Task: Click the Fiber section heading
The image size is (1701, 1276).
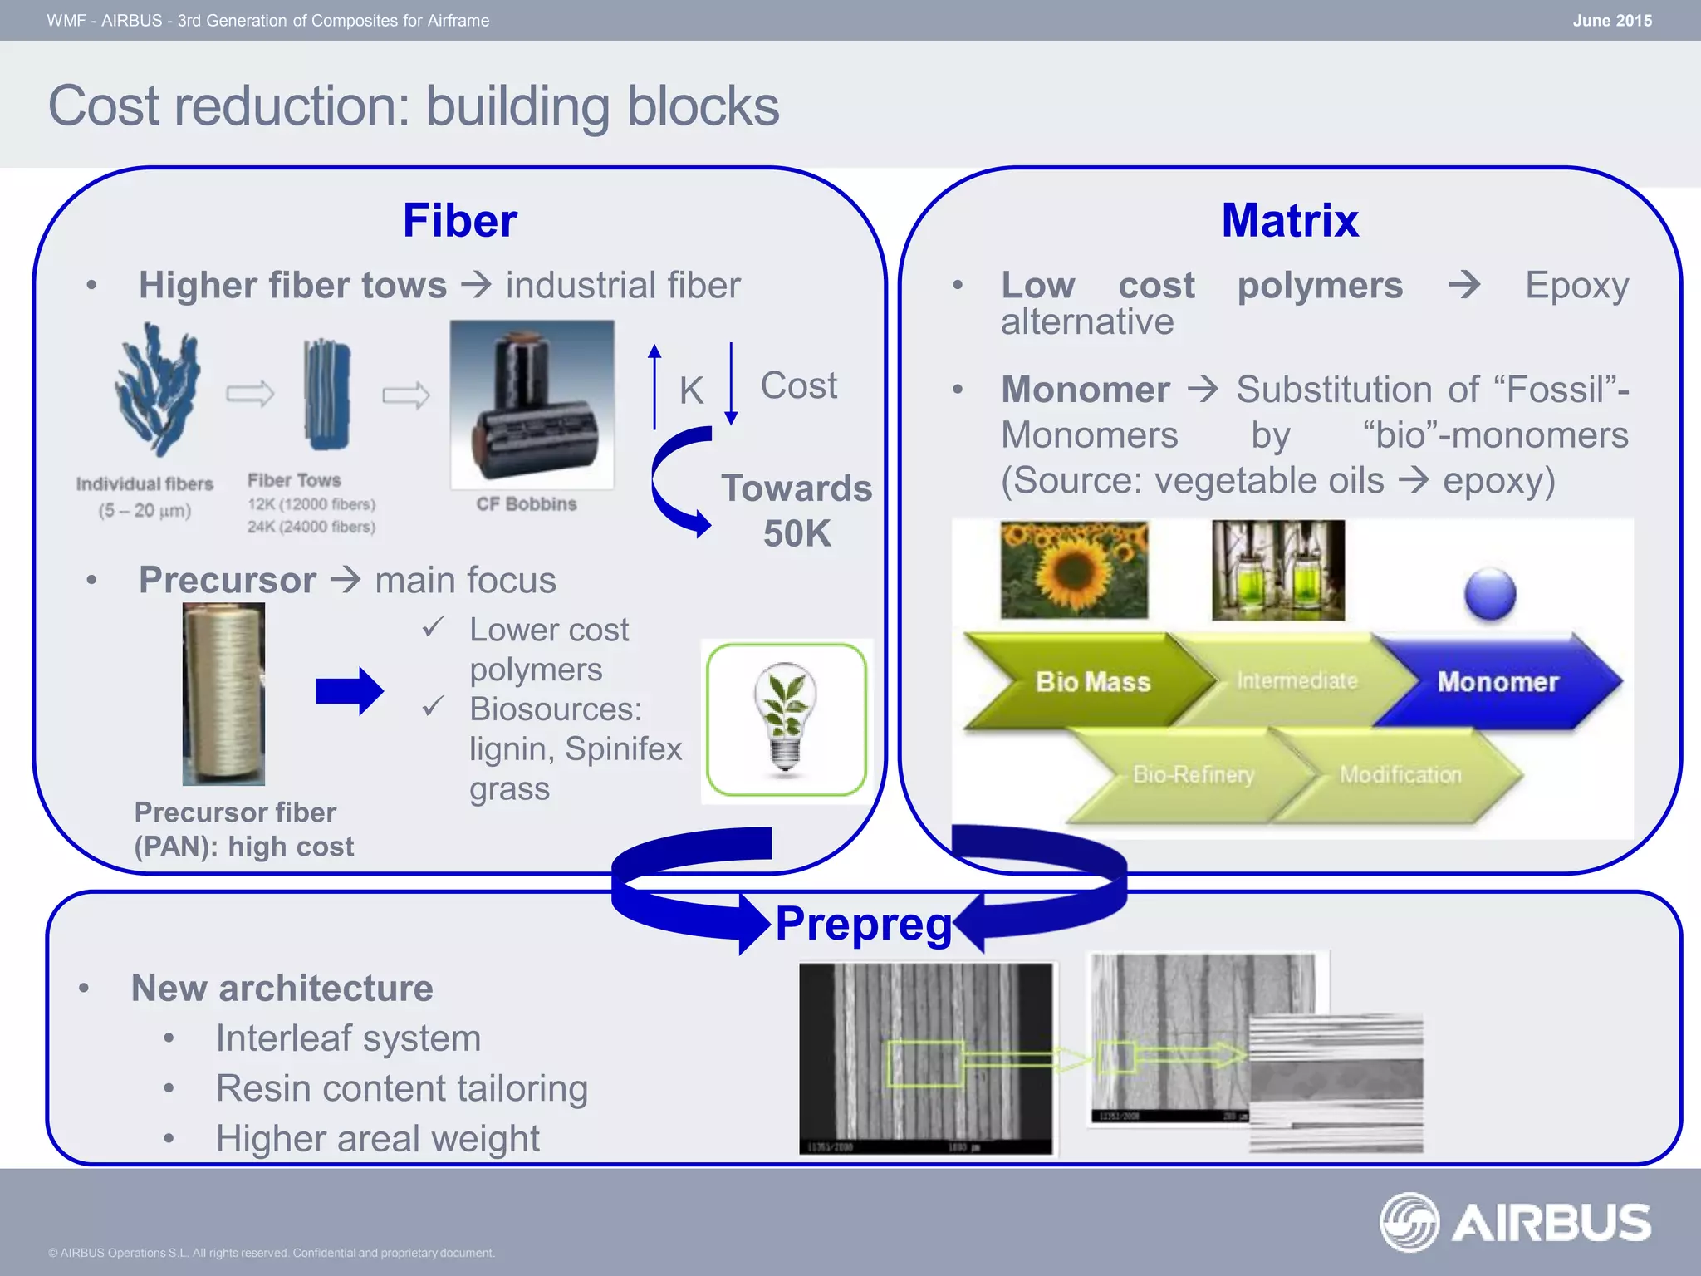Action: coord(459,221)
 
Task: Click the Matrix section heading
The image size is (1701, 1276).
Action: coord(1289,221)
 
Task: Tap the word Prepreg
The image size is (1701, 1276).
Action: coord(863,924)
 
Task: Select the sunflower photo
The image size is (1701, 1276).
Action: coord(1074,570)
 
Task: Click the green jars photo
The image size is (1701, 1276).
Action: coord(1277,570)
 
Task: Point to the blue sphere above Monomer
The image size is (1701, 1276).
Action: coord(1490,593)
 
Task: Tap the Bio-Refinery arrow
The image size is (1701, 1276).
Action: coord(1193,775)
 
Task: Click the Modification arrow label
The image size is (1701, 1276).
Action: coord(1400,775)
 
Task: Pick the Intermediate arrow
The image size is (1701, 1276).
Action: coord(1297,680)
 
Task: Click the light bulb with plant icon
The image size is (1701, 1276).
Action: coord(785,719)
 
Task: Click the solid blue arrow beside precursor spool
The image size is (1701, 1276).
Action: coord(349,690)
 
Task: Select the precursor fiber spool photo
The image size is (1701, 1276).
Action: coord(223,694)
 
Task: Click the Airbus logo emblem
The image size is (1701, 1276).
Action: coord(1409,1221)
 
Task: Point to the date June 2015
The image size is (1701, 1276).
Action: coord(1611,21)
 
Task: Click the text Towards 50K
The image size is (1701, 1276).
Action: coord(796,510)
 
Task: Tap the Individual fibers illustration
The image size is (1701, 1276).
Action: coord(157,390)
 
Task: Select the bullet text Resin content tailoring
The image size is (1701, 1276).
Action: coord(401,1088)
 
